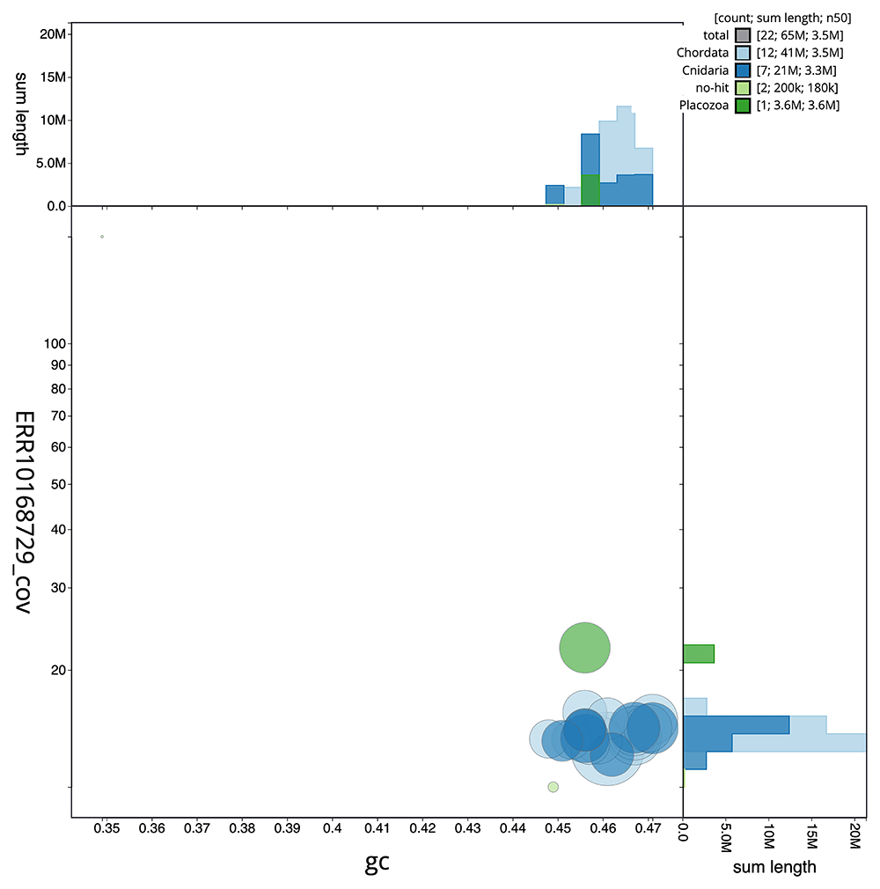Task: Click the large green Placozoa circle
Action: (x=585, y=648)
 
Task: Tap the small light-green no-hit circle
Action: (x=553, y=787)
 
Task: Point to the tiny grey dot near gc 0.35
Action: (x=102, y=237)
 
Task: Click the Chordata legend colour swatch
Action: (x=743, y=53)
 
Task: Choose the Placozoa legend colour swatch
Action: (x=743, y=106)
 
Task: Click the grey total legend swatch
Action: (x=743, y=35)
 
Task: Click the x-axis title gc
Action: (x=378, y=863)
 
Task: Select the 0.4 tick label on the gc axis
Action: (x=333, y=829)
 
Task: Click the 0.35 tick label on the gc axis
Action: (x=105, y=829)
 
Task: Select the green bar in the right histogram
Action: (x=699, y=653)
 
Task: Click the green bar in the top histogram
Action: (x=590, y=190)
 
